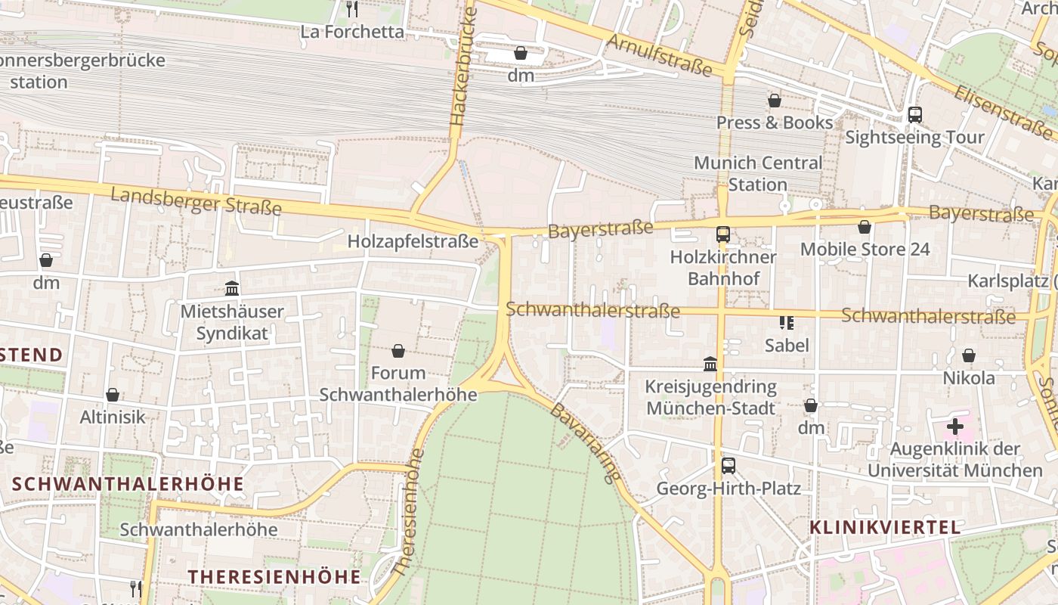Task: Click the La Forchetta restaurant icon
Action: (x=351, y=9)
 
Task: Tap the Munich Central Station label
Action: (x=757, y=174)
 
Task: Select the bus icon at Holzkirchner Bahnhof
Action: (x=723, y=234)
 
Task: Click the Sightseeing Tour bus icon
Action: (x=914, y=115)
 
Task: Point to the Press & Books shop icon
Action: (x=775, y=101)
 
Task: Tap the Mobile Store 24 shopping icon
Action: (x=865, y=227)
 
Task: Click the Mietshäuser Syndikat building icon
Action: (x=232, y=289)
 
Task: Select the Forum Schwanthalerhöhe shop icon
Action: (x=398, y=351)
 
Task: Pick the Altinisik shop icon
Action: (x=113, y=395)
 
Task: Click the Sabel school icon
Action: (x=787, y=323)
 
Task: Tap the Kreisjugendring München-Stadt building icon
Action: (x=710, y=365)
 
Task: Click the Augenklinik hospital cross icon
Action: (x=955, y=427)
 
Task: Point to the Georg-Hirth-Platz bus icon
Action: (x=728, y=466)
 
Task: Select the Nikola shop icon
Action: (x=969, y=355)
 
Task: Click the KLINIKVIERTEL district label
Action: (x=885, y=527)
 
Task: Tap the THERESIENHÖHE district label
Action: (x=274, y=576)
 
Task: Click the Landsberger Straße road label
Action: (x=196, y=201)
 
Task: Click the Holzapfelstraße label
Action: (x=413, y=241)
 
